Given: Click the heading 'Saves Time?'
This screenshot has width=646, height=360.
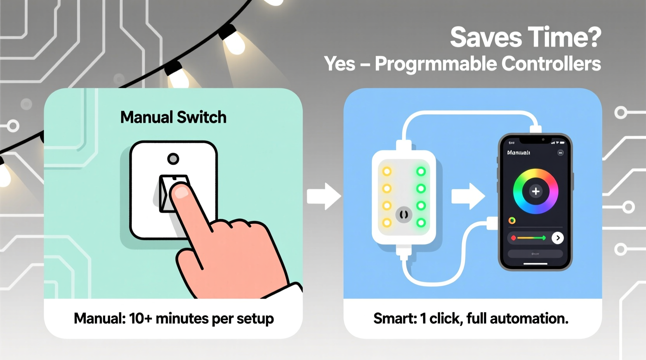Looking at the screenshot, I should [525, 37].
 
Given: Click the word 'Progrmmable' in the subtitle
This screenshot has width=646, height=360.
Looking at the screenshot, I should [436, 64].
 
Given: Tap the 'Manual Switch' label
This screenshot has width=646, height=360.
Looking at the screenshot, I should [173, 117].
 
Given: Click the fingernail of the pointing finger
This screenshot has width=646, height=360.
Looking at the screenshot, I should [181, 192].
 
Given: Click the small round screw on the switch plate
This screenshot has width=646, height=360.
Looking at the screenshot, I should [173, 159].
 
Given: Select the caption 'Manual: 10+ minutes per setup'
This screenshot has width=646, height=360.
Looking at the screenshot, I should [174, 318].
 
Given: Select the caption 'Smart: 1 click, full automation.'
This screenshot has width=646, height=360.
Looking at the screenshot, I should [471, 318].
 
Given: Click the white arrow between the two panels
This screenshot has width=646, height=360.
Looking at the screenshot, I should [323, 196].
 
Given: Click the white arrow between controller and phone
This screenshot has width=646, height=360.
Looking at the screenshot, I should [468, 196].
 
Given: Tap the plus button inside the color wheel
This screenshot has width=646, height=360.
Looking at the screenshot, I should [535, 191].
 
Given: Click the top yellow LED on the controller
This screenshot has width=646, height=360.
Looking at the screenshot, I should [387, 171].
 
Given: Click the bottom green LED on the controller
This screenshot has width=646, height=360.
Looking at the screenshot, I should [421, 223].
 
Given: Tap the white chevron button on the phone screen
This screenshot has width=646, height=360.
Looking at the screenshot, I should [557, 238].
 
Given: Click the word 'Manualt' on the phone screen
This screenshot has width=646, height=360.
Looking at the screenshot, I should [518, 153].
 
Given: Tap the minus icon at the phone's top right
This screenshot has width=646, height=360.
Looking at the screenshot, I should [560, 153].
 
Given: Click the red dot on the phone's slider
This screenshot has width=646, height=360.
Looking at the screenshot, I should [513, 238].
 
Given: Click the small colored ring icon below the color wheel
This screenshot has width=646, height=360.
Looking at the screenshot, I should [512, 221].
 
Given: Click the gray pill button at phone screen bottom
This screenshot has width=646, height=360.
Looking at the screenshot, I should [535, 254].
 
